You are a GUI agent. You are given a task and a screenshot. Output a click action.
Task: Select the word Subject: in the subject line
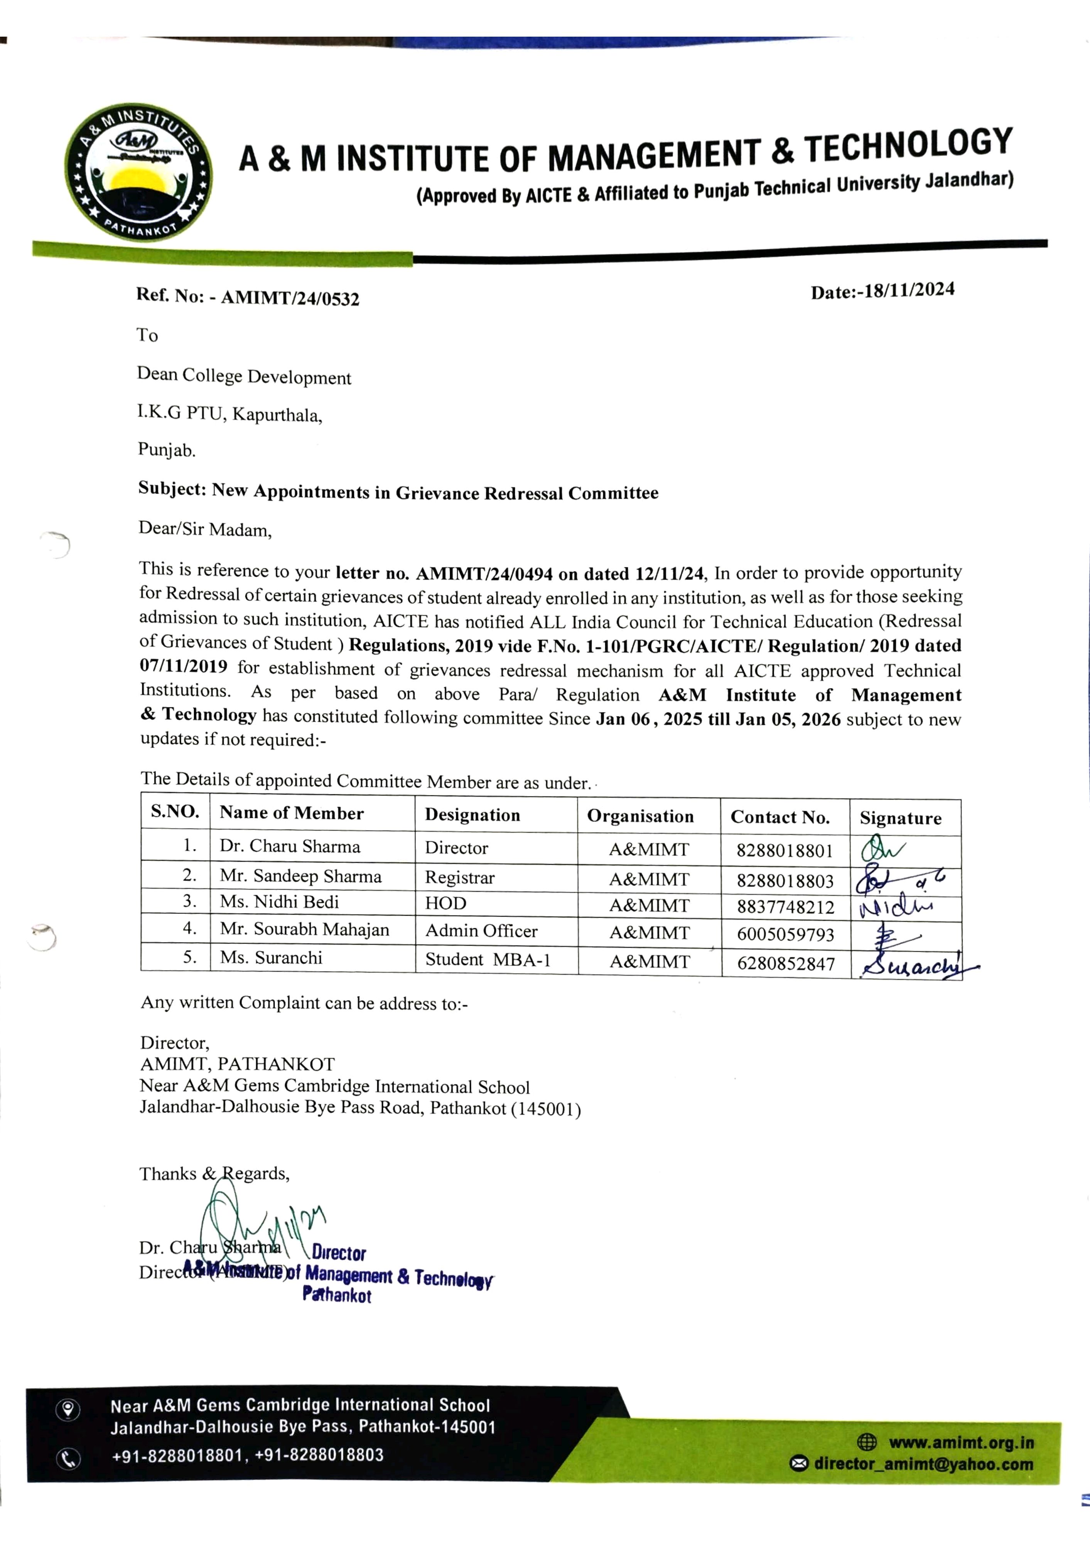pos(172,489)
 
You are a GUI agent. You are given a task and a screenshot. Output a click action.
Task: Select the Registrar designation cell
pos(460,878)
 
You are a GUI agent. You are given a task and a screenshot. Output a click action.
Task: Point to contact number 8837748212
pos(785,907)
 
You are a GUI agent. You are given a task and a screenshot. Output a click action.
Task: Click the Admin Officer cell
pos(481,931)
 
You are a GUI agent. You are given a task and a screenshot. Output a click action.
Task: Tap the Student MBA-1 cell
pos(488,960)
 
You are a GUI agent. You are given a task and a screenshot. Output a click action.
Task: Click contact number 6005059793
pos(785,934)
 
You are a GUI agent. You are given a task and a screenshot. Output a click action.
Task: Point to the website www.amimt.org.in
pos(961,1443)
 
